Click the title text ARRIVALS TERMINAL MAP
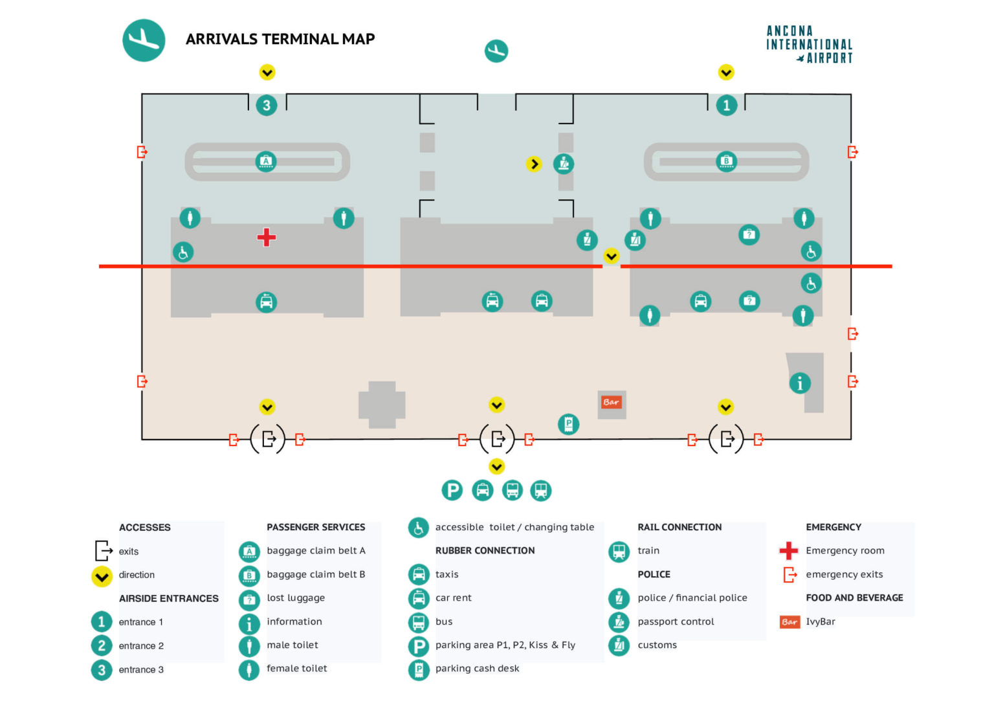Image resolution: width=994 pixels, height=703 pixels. [x=280, y=39]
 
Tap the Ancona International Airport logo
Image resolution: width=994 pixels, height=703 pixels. [x=809, y=44]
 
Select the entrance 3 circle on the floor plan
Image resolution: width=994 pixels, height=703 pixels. [x=267, y=105]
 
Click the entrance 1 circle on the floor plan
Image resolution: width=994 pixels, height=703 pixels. [x=726, y=105]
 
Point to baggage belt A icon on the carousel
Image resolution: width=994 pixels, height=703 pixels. [x=266, y=161]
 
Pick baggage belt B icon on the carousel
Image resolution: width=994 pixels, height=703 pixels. [x=726, y=161]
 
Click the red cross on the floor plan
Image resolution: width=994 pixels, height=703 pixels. [x=266, y=238]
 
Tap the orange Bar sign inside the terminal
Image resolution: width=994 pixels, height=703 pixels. [x=611, y=402]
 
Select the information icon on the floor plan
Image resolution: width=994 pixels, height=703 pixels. [x=800, y=383]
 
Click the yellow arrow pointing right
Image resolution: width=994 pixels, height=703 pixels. [x=534, y=164]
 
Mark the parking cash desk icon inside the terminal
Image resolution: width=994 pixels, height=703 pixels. [x=568, y=425]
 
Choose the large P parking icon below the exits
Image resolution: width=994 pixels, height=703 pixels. [x=452, y=491]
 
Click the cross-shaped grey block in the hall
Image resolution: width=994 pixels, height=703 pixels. [x=382, y=405]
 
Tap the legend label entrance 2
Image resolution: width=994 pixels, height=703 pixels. [x=141, y=645]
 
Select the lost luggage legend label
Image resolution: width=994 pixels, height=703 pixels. [x=296, y=598]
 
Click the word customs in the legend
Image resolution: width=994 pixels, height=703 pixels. [x=657, y=645]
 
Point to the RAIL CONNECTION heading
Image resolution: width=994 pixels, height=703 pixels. [x=679, y=527]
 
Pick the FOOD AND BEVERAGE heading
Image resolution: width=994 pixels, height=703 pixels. [x=854, y=597]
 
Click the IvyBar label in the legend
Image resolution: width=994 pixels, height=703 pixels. [x=820, y=621]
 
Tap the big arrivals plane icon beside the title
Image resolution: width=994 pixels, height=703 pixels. [x=144, y=40]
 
